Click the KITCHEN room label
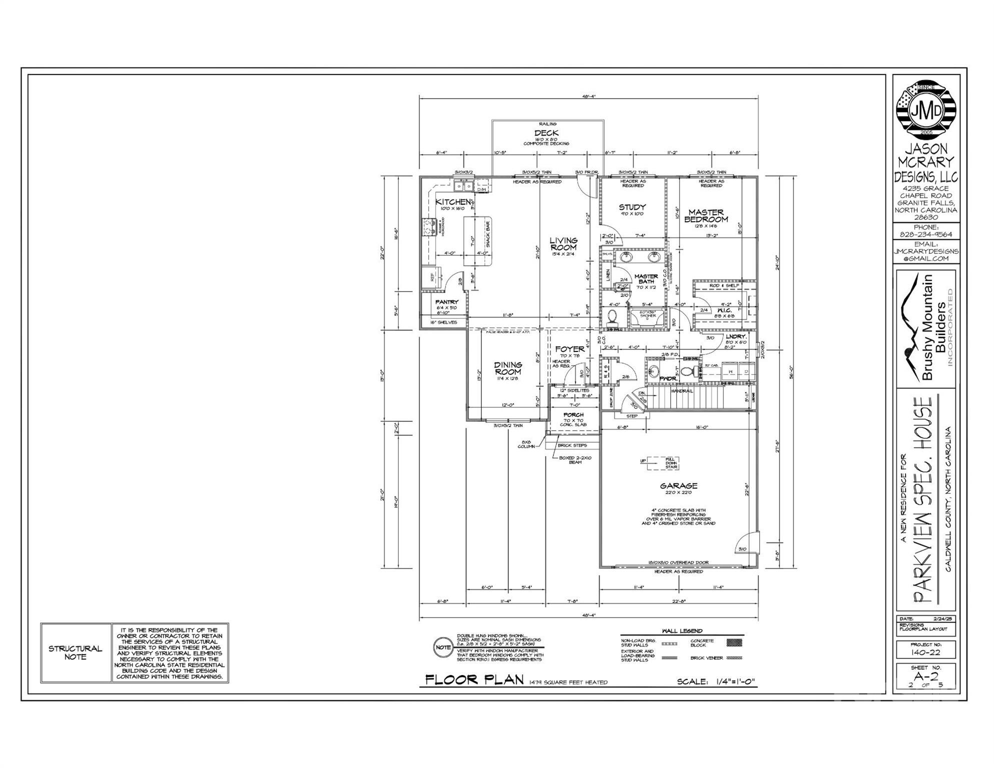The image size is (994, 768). pyautogui.click(x=454, y=202)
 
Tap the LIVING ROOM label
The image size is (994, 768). pyautogui.click(x=563, y=244)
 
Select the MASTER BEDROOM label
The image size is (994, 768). pyautogui.click(x=706, y=216)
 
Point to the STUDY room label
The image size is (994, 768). pyautogui.click(x=632, y=207)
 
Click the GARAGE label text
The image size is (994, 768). pyautogui.click(x=678, y=485)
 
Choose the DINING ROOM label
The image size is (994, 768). pyautogui.click(x=508, y=368)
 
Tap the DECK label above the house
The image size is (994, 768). pyautogui.click(x=546, y=133)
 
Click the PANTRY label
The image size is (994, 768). pyautogui.click(x=446, y=302)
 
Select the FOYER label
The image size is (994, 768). pyautogui.click(x=569, y=349)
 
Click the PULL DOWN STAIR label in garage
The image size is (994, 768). pyautogui.click(x=670, y=463)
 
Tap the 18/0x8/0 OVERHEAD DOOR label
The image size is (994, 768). pyautogui.click(x=678, y=562)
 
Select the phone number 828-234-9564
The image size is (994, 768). pyautogui.click(x=926, y=234)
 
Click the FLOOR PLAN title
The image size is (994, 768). pyautogui.click(x=474, y=680)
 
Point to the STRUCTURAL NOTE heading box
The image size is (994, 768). pyautogui.click(x=75, y=652)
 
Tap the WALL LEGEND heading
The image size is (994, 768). pyautogui.click(x=682, y=631)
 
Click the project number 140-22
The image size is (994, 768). pyautogui.click(x=926, y=652)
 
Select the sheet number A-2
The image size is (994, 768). pyautogui.click(x=926, y=677)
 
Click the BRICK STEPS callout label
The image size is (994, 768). pyautogui.click(x=573, y=445)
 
